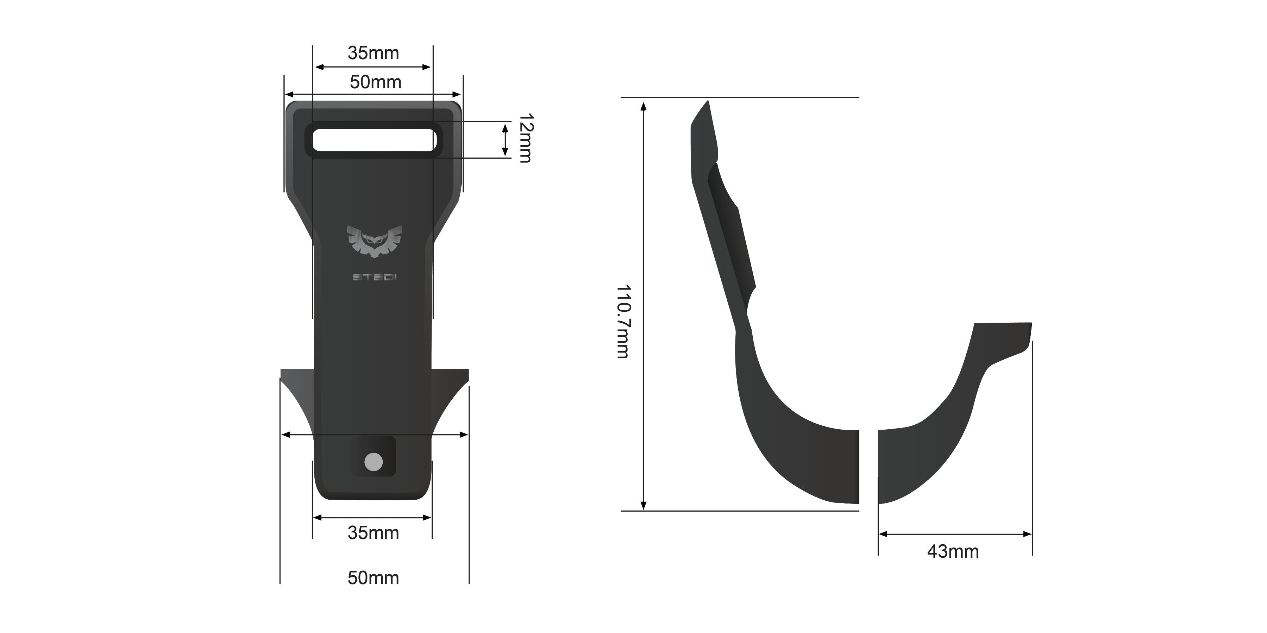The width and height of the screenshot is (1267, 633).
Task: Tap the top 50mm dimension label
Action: [375, 82]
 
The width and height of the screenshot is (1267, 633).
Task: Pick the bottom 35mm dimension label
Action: [373, 533]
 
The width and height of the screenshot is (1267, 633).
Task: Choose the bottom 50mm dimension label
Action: [373, 578]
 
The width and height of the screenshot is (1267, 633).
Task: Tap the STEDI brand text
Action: [374, 278]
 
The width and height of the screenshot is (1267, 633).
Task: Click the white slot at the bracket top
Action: [374, 140]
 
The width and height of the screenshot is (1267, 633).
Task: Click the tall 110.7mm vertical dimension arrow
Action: [643, 305]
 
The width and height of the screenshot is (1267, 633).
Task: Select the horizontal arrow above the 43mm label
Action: [955, 534]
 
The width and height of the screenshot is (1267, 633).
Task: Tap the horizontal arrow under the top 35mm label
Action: [373, 67]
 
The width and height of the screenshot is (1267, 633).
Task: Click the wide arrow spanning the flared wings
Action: [374, 435]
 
